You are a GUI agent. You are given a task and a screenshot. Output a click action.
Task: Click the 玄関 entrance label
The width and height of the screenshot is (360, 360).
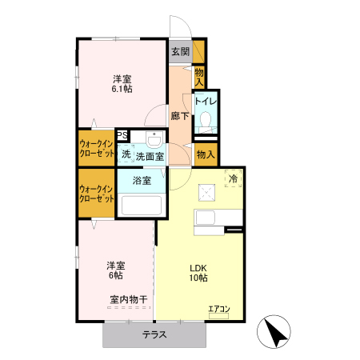point(180,52)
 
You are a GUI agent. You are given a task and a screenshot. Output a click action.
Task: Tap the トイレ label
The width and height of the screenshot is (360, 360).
point(206,102)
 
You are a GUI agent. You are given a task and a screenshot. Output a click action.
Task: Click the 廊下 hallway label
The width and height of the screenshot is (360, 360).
point(180,116)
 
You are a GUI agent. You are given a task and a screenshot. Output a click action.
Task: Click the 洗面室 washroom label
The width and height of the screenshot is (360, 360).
point(150,156)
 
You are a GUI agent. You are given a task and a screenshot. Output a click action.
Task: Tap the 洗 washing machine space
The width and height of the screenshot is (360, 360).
point(126,154)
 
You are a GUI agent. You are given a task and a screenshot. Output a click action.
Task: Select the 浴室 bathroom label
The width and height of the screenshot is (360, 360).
point(142,181)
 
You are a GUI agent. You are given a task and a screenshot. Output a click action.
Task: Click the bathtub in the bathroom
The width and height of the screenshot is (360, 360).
point(142,206)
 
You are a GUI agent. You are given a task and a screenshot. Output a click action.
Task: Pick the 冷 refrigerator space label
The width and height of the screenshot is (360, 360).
point(234,178)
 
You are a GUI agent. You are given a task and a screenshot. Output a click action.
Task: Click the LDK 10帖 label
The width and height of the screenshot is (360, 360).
point(198,273)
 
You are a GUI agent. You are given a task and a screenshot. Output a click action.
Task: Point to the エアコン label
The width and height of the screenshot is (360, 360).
point(219,309)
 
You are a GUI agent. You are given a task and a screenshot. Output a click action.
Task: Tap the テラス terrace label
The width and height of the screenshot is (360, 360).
point(154,334)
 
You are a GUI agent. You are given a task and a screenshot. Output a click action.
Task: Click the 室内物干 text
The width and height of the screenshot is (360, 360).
point(129,300)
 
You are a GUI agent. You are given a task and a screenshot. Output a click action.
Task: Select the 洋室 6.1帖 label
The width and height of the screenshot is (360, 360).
point(122,84)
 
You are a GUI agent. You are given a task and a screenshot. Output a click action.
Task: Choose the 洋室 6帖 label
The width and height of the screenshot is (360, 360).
point(116,270)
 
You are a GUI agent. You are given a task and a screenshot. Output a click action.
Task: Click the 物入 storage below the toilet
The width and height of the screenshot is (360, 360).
point(206,154)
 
